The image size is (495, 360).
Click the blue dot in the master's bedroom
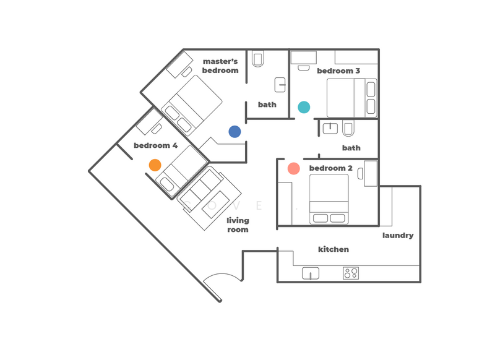[235, 132]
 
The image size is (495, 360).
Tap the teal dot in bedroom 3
[304, 107]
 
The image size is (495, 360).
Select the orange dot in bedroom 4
[155, 165]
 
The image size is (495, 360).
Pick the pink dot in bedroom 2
[293, 168]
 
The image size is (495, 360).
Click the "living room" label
[238, 225]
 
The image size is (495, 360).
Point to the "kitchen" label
[334, 249]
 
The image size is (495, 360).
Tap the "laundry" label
[398, 236]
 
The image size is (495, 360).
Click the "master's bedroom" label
[220, 66]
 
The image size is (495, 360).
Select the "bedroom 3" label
[338, 71]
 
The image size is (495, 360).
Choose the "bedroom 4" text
[156, 145]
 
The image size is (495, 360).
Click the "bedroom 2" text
[331, 168]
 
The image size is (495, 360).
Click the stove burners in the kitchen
[351, 273]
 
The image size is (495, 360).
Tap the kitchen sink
[311, 273]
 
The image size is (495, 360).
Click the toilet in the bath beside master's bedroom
[258, 59]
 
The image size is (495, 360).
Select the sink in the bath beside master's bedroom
[280, 85]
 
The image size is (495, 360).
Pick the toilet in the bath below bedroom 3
[348, 129]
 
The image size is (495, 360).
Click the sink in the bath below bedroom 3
[330, 128]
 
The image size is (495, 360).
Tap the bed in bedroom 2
[329, 199]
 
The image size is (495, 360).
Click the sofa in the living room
[209, 198]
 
